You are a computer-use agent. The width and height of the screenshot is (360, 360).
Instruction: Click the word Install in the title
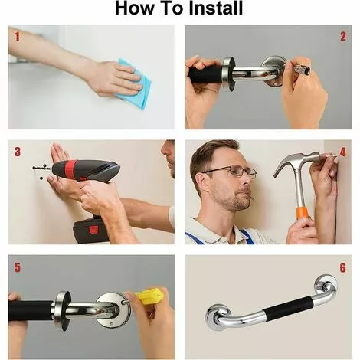pos(215,8)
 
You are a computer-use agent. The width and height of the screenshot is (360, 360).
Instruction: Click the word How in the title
pos(135,8)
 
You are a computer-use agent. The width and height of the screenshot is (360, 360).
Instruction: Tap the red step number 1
pos(17,37)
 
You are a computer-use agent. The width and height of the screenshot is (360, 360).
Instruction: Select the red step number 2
pos(343,37)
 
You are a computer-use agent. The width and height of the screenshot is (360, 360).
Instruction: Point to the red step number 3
pos(17,152)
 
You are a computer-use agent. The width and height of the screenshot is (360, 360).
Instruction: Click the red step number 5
pos(17,267)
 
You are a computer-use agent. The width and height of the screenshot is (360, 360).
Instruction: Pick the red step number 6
pos(343,267)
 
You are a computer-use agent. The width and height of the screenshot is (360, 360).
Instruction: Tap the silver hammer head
pos(296,162)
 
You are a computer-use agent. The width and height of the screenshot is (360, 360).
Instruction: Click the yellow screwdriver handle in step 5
pos(149,296)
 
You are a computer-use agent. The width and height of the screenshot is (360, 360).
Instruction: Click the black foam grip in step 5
pos(31,311)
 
